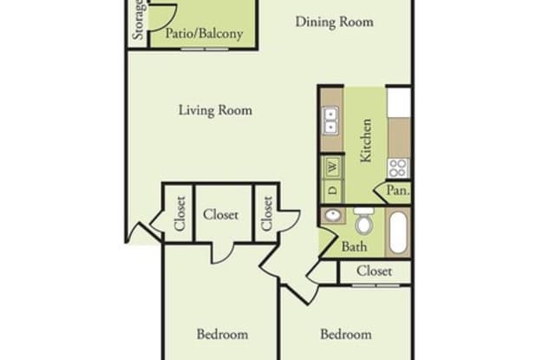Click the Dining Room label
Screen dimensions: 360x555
click(334, 22)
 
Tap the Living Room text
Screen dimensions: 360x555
click(215, 110)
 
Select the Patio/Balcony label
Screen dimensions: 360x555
click(205, 36)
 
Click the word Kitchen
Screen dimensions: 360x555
click(365, 141)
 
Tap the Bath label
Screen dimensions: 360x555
click(354, 246)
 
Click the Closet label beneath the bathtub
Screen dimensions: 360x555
click(374, 272)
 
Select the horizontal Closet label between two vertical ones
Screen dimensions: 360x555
click(222, 214)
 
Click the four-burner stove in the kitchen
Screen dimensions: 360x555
click(398, 167)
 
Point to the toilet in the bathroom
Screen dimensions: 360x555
click(364, 223)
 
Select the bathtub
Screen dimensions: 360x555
click(398, 230)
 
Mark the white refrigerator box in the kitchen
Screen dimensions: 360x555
click(399, 101)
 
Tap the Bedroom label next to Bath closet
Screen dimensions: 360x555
click(345, 334)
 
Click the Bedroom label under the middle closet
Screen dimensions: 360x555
click(222, 334)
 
